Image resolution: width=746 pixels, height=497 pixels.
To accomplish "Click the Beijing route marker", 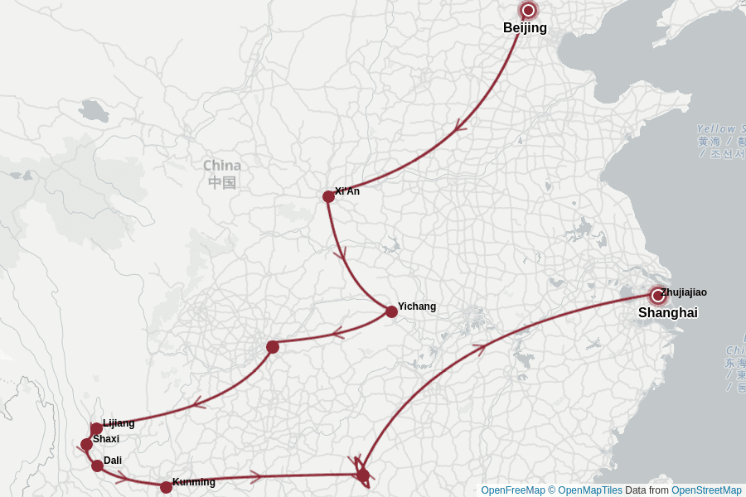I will pyautogui.click(x=528, y=11).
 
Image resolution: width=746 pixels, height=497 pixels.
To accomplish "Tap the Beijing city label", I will pyautogui.click(x=525, y=28).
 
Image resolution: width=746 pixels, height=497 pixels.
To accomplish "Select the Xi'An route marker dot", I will pyautogui.click(x=328, y=196).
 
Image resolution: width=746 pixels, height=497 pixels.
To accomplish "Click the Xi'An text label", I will pyautogui.click(x=347, y=191).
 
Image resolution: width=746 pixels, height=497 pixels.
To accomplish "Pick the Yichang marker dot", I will pyautogui.click(x=391, y=311).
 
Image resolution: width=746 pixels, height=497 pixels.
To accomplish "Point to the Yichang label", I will pyautogui.click(x=416, y=306).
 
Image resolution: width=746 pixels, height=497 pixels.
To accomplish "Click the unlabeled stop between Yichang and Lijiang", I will pyautogui.click(x=273, y=347).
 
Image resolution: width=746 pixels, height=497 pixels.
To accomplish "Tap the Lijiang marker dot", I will pyautogui.click(x=96, y=428).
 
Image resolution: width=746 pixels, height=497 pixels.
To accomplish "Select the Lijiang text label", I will pyautogui.click(x=119, y=423).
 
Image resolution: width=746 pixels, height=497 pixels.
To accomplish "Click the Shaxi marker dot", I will pyautogui.click(x=87, y=444).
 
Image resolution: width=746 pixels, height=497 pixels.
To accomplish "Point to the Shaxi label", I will pyautogui.click(x=106, y=439).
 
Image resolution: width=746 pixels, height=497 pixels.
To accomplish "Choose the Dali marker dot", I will pyautogui.click(x=97, y=466).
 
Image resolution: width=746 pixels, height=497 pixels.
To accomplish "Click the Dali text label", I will pyautogui.click(x=113, y=461).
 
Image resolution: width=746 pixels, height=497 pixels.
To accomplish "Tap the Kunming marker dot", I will pyautogui.click(x=166, y=487).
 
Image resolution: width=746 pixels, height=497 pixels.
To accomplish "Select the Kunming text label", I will pyautogui.click(x=194, y=482).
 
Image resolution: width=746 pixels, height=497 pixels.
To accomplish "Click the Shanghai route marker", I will pyautogui.click(x=658, y=296).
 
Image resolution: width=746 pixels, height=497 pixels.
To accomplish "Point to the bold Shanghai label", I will pyautogui.click(x=667, y=313).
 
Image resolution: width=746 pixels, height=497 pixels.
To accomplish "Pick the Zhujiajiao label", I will pyautogui.click(x=684, y=292).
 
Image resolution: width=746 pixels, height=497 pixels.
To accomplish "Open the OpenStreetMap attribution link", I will pyautogui.click(x=706, y=490).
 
